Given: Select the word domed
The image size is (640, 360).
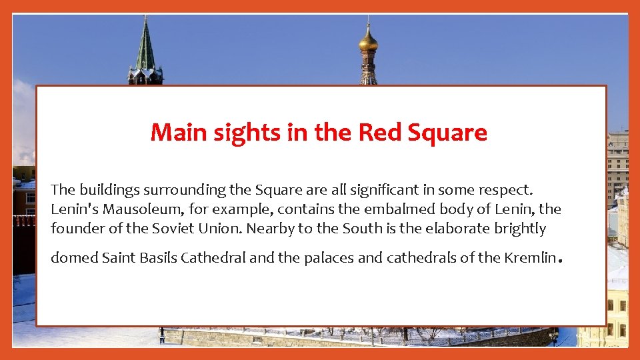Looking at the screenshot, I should point(74,257).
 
